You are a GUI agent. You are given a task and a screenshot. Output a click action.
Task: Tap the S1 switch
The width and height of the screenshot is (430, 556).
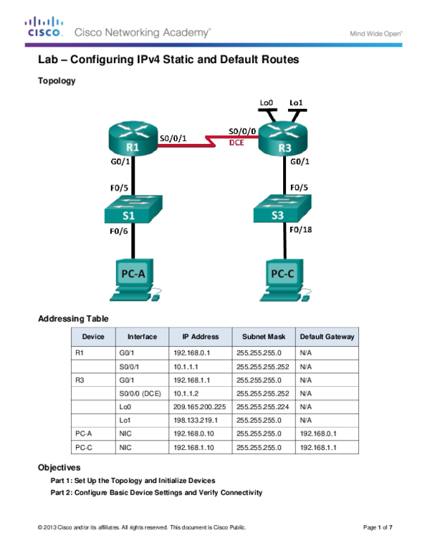pyautogui.click(x=133, y=210)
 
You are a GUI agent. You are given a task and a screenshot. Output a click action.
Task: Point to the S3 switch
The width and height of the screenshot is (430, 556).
pyautogui.click(x=282, y=210)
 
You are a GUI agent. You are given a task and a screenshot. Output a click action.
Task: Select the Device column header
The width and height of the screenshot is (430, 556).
pyautogui.click(x=93, y=337)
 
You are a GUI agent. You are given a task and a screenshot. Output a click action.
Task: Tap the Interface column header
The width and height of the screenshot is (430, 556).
pyautogui.click(x=142, y=337)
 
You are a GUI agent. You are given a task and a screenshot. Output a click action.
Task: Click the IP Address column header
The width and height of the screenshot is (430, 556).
pyautogui.click(x=200, y=337)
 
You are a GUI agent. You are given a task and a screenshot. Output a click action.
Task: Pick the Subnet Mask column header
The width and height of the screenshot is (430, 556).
pyautogui.click(x=263, y=337)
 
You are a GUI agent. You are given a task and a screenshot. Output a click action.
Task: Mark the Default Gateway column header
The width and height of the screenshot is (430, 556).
pyautogui.click(x=327, y=337)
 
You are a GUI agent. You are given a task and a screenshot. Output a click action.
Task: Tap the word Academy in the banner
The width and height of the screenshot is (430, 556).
pyautogui.click(x=188, y=32)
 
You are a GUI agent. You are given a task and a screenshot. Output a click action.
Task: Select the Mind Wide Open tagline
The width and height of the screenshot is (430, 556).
pyautogui.click(x=376, y=33)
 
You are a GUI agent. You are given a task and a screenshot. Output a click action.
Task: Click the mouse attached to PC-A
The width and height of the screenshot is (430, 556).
pyautogui.click(x=157, y=292)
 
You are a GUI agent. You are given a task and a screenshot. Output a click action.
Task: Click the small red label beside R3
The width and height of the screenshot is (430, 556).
pyautogui.click(x=236, y=143)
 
